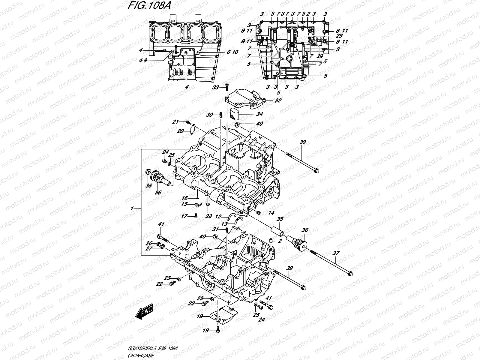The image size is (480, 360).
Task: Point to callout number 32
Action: (278, 100)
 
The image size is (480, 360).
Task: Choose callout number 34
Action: (259, 114)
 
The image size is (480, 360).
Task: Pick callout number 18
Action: (199, 316)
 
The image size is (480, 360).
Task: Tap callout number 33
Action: (216, 87)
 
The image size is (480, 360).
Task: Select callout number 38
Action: (148, 186)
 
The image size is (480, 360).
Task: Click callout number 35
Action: (280, 219)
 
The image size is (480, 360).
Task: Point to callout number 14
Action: (271, 213)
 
